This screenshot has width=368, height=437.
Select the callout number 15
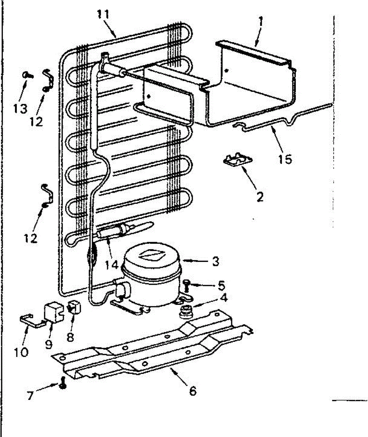click(286, 159)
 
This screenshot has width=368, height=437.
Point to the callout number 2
click(260, 197)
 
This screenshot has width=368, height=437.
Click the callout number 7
click(31, 395)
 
